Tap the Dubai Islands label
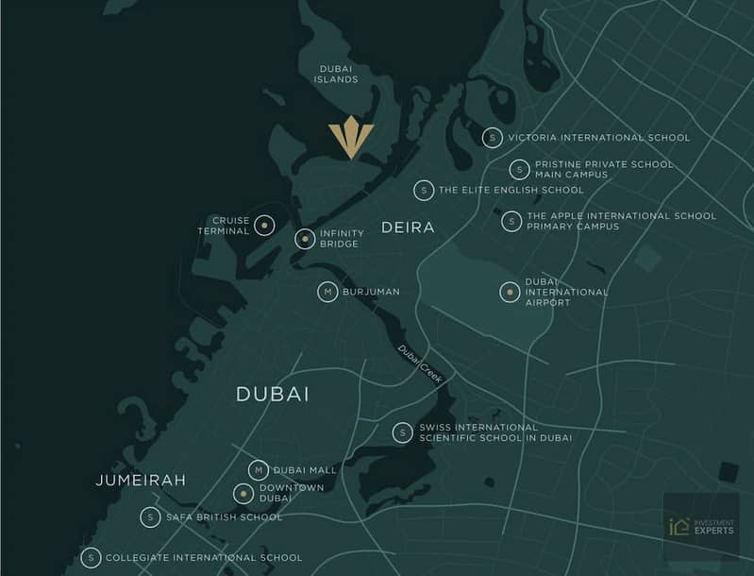[336, 74]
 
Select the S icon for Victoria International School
[492, 138]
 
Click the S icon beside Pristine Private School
[519, 170]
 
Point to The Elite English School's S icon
[424, 190]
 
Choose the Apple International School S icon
[511, 221]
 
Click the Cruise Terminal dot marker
[265, 226]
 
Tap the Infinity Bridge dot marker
[305, 239]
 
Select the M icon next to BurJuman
[327, 292]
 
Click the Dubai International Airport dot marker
[510, 292]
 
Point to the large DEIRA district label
[408, 228]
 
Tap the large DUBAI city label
[273, 395]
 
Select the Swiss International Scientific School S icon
[403, 432]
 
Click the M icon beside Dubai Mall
[259, 469]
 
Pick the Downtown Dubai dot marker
[243, 493]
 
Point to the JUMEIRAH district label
[141, 481]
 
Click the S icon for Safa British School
[150, 517]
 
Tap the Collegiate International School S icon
[91, 558]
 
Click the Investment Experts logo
[701, 526]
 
